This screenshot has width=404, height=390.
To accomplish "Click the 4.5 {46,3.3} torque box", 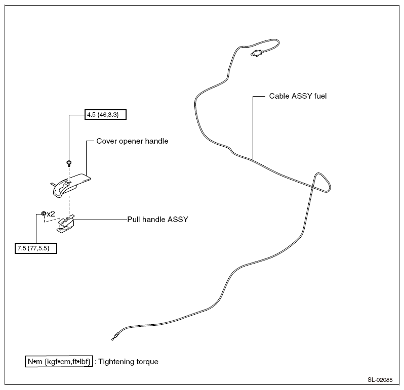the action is (x=105, y=114).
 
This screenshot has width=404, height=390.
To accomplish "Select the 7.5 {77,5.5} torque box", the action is (x=36, y=248).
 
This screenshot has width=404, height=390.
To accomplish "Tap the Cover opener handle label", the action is (x=132, y=141).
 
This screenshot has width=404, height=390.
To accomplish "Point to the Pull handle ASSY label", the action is (x=157, y=220).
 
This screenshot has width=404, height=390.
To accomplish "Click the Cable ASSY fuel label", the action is (x=298, y=96).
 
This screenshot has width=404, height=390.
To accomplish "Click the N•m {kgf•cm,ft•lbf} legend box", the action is (x=59, y=362).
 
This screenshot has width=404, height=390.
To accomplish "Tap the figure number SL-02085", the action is (x=380, y=380).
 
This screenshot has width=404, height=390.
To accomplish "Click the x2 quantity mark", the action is (x=51, y=214).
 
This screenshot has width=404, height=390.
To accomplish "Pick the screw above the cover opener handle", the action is (x=69, y=163).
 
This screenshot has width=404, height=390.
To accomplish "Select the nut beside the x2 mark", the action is (x=44, y=213).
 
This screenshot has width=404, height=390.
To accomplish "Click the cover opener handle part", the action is (x=70, y=185).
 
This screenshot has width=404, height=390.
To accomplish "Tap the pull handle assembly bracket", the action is (x=65, y=224).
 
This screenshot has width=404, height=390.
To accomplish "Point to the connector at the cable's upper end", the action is (x=257, y=53).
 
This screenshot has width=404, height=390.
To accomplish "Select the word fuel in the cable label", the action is (x=320, y=96).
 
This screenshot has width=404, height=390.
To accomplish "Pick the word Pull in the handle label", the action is (x=134, y=220).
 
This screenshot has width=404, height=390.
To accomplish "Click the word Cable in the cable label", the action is (x=279, y=96).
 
